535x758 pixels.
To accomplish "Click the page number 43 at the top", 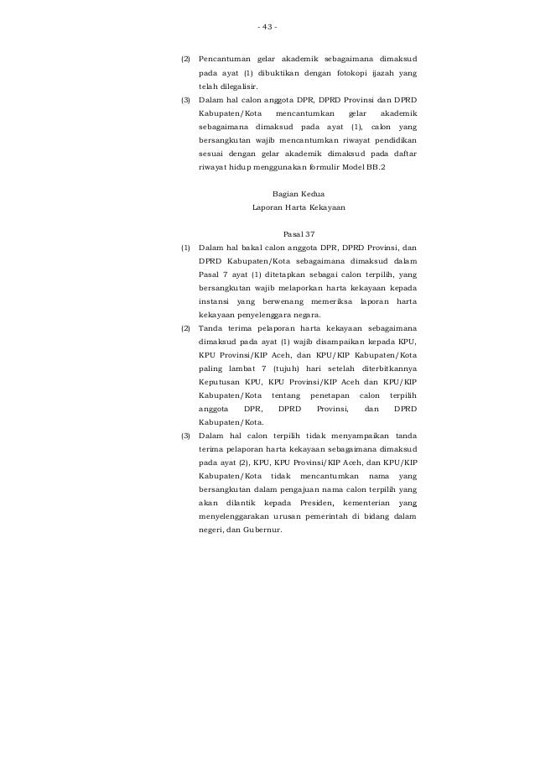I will pyautogui.click(x=267, y=26).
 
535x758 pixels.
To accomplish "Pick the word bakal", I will pyautogui.click(x=242, y=248).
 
